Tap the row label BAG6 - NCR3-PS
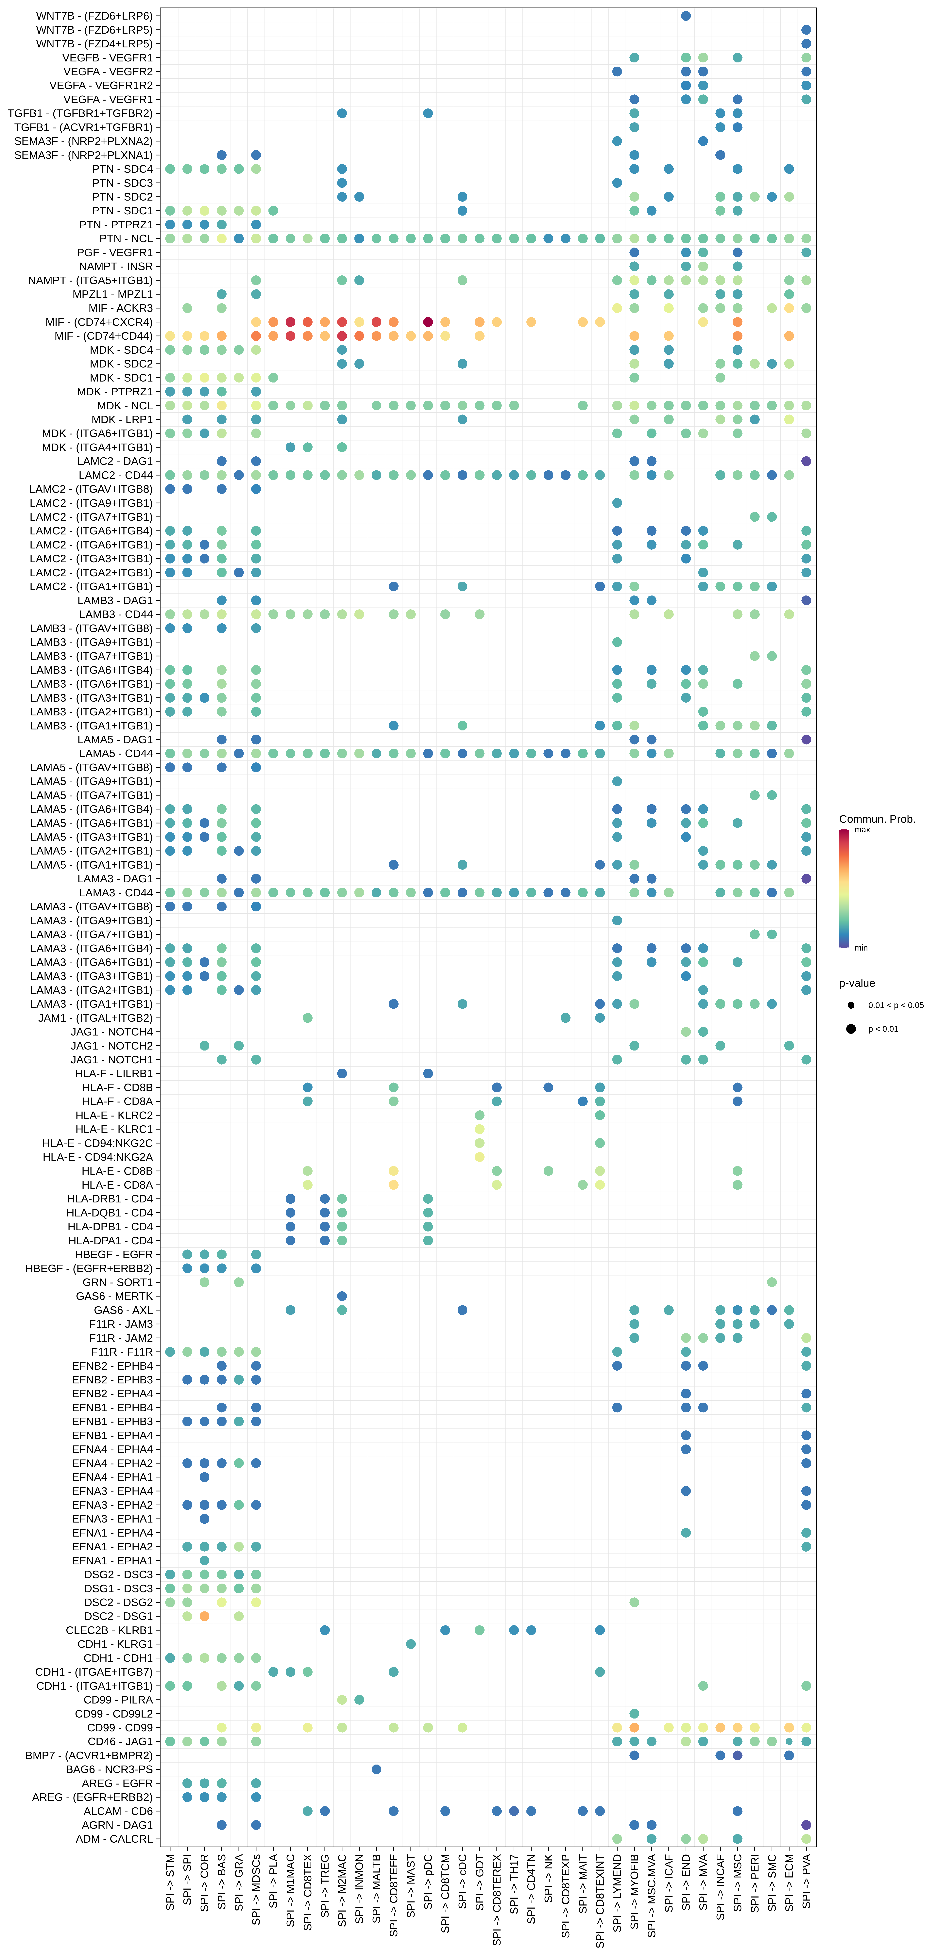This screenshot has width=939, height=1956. point(109,1769)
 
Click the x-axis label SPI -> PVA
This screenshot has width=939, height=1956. point(806,1882)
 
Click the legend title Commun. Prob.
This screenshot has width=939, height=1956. point(877,819)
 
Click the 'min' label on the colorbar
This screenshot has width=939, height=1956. point(861,948)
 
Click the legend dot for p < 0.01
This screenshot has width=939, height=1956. point(851,1029)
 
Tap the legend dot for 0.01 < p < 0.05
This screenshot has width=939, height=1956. point(851,1005)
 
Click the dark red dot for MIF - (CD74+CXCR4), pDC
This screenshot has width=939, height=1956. point(428,322)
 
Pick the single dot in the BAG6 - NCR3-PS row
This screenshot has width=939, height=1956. point(376,1769)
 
